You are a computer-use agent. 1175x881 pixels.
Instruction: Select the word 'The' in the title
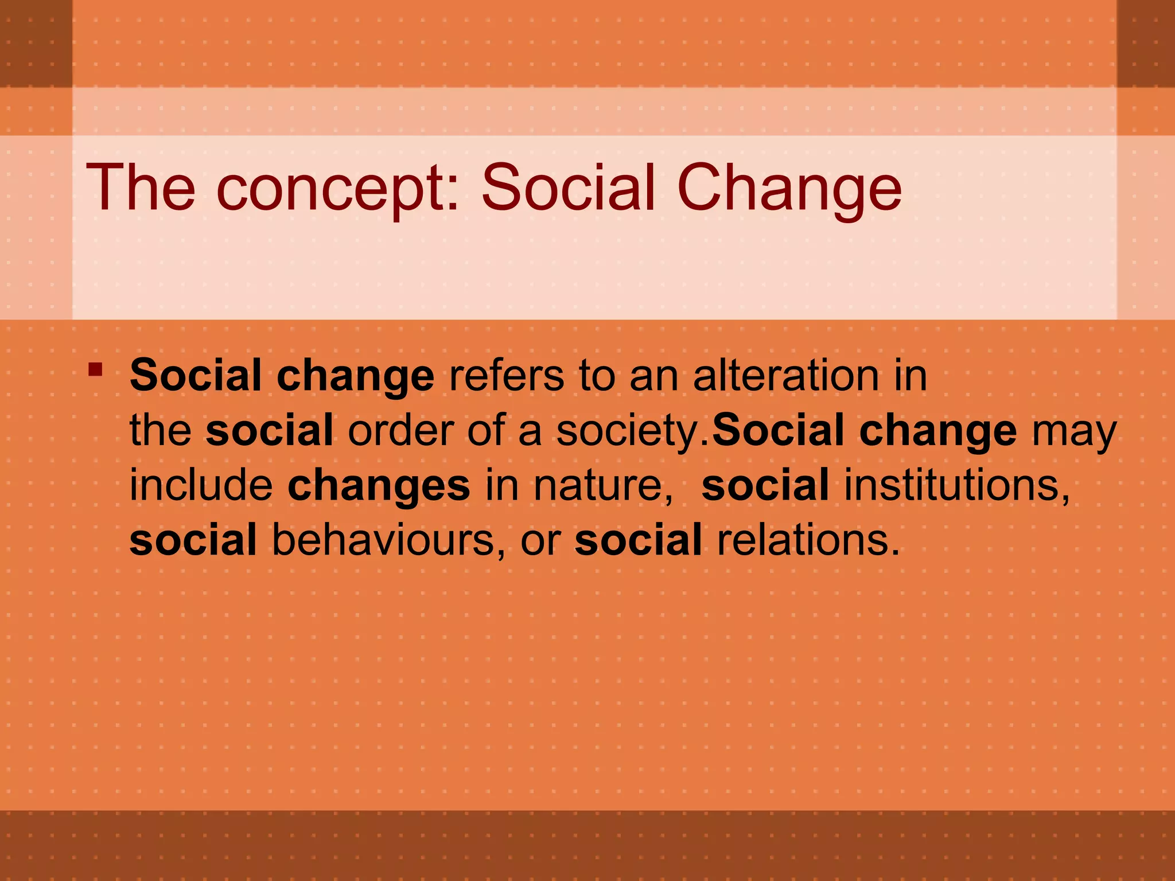[141, 188]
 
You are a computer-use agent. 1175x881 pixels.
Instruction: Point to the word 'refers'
[507, 376]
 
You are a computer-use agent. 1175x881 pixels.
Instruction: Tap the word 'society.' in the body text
[633, 431]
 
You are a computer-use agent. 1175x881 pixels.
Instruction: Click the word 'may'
[1074, 431]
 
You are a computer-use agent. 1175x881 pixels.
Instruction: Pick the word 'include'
[201, 485]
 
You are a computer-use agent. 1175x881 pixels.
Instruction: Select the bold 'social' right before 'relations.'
[638, 540]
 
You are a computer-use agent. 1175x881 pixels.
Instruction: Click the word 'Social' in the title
[568, 188]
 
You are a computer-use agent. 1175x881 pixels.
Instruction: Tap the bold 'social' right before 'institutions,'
[765, 485]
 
